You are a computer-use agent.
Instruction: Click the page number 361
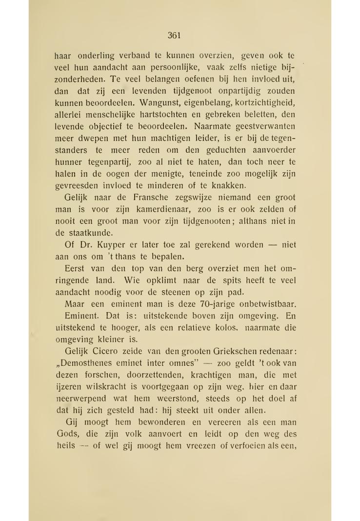(x=175, y=35)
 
